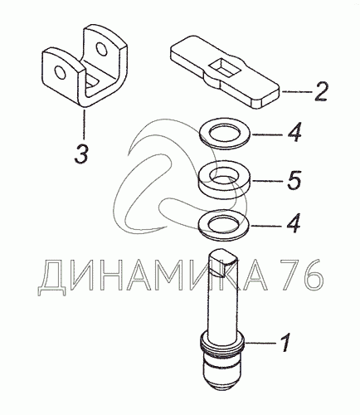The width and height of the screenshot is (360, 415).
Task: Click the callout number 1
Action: point(285,343)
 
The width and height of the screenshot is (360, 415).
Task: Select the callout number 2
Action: point(320,91)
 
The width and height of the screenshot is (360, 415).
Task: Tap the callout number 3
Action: point(81,153)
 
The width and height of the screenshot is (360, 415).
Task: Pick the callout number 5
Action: point(294,180)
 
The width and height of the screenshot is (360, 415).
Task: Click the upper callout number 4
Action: point(294,133)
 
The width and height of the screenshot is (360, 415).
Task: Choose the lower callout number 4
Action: point(294,222)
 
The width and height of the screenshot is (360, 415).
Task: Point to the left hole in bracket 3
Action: point(60,72)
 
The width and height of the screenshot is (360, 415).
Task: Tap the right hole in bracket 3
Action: point(101,49)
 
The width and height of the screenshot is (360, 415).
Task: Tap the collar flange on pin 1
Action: point(221,342)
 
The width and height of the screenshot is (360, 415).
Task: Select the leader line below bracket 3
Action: point(84,124)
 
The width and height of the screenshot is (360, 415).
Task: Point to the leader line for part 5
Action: point(267,181)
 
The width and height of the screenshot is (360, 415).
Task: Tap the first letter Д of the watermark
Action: point(51,277)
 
